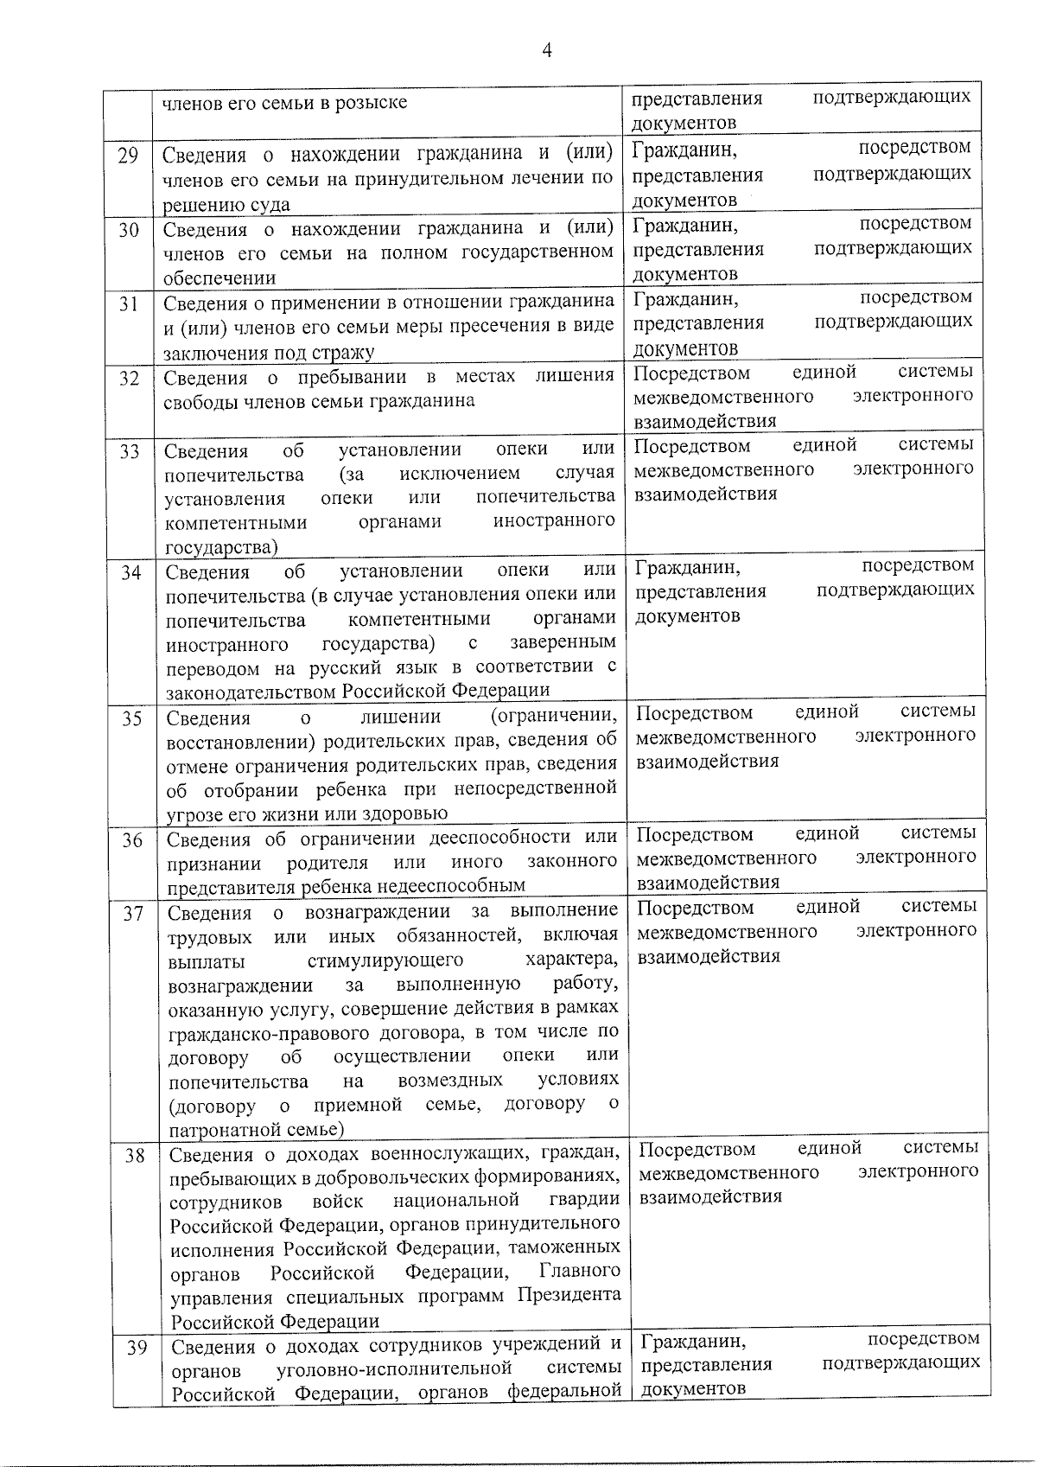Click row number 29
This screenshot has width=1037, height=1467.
pos(128,156)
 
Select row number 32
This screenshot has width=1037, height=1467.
pos(129,378)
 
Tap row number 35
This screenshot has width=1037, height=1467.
pos(131,718)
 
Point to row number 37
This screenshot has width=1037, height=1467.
pos(132,913)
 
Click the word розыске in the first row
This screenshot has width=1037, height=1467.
pos(370,103)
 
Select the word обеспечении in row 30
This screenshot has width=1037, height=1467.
pos(219,278)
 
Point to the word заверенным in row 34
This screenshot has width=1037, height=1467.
pos(563,642)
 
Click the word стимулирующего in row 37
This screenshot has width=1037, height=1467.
pos(385,960)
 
